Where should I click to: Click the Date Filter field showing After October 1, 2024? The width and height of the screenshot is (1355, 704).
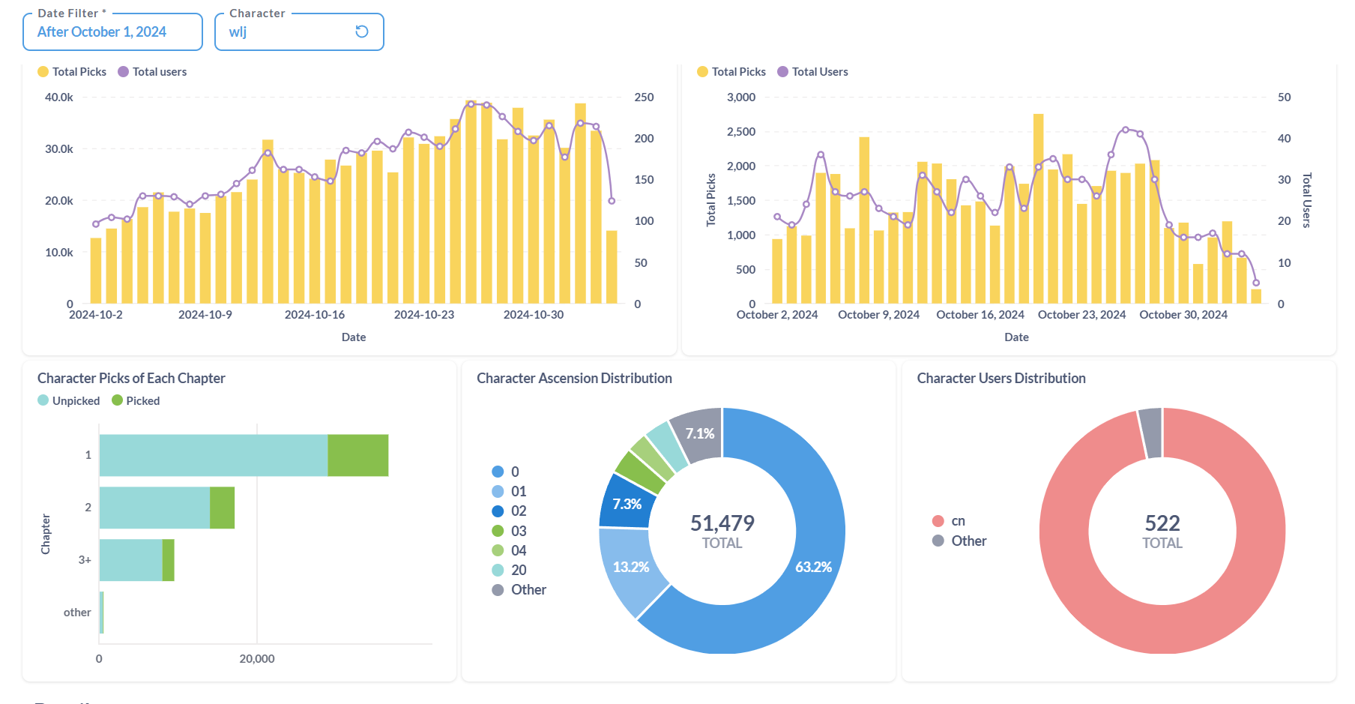112,32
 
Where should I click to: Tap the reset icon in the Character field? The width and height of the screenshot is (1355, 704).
362,31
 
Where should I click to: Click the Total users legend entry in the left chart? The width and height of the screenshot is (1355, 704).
152,72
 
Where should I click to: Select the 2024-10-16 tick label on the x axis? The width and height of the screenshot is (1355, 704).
315,315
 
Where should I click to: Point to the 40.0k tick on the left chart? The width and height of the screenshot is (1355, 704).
59,97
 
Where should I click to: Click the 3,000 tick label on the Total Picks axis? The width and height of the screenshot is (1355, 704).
741,97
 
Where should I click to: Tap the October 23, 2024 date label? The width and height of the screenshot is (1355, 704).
1081,315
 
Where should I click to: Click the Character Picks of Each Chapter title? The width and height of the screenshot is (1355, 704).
131,379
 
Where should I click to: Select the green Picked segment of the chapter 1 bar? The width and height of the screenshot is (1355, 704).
358,455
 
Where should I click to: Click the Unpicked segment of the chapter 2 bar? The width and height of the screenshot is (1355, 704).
154,508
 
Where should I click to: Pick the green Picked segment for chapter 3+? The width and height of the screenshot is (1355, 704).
169,560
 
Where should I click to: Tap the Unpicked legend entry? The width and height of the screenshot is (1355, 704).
69,401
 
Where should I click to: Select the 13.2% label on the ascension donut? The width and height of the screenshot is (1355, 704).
631,568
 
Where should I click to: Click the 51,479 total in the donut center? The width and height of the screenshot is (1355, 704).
722,523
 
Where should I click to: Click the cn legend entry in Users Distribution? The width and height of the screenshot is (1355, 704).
949,521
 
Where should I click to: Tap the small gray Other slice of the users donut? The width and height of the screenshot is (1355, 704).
1150,433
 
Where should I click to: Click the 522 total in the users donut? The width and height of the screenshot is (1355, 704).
1162,523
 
